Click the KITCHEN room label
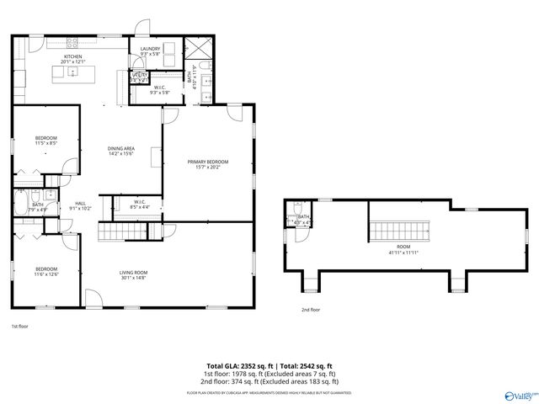coord(72,56)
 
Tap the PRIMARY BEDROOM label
coord(207,162)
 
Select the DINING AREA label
coord(122,149)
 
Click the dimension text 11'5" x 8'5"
coord(45,143)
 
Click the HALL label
coord(81,203)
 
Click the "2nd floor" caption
coord(311,310)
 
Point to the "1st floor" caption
coord(19,326)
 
